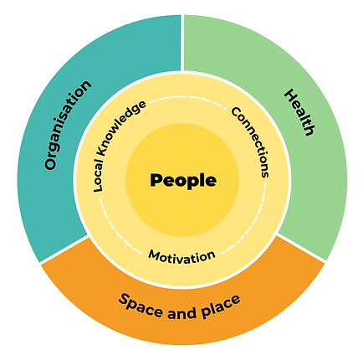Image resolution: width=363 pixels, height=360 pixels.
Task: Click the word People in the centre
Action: click(x=183, y=181)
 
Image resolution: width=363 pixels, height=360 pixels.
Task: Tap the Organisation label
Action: click(x=68, y=125)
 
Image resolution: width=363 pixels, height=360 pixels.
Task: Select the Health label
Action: click(x=299, y=112)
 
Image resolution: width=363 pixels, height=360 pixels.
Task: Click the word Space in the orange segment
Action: click(x=141, y=306)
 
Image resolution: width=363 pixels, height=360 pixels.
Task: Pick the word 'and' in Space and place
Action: click(x=181, y=313)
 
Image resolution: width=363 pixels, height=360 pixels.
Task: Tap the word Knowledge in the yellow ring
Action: click(x=121, y=128)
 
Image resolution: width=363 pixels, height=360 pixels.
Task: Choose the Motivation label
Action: click(x=181, y=257)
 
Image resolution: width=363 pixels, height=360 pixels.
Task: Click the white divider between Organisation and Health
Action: click(x=182, y=44)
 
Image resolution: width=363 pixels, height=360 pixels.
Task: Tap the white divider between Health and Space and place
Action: click(x=302, y=249)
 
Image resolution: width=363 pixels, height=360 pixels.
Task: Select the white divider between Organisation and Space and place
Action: click(x=64, y=249)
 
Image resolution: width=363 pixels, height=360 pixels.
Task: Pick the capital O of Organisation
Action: click(x=50, y=164)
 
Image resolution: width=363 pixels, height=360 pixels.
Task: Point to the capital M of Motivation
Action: click(x=155, y=255)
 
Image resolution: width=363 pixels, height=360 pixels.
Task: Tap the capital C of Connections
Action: click(x=237, y=112)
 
